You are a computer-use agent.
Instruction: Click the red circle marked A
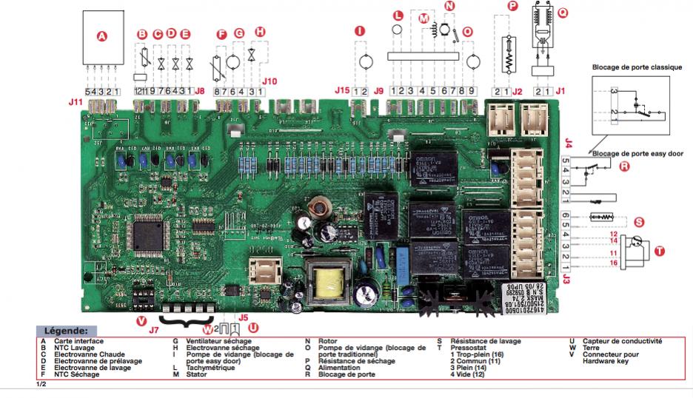(x=103, y=36)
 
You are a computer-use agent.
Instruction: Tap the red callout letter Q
(x=563, y=13)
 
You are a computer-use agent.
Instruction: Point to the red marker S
(x=640, y=221)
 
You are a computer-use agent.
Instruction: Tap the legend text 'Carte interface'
(x=73, y=341)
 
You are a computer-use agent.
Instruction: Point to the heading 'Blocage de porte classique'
(x=637, y=66)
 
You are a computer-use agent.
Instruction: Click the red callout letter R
(x=624, y=167)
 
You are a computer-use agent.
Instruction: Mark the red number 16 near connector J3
(x=613, y=263)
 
